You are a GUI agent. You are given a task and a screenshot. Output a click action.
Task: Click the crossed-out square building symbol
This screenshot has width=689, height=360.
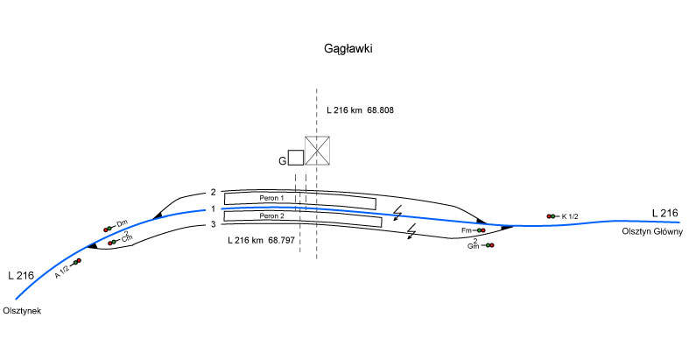[x=317, y=151]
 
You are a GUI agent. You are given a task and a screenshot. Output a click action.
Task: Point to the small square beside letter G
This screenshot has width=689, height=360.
[x=296, y=157]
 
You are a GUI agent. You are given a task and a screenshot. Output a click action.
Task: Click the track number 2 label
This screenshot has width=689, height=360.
[x=212, y=192]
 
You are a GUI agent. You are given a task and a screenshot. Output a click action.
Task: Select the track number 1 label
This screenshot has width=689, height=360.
[x=212, y=209]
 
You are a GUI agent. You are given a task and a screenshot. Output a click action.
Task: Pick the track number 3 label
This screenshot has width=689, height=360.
[x=212, y=225]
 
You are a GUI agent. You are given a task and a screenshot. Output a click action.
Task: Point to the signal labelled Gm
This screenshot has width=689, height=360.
[x=488, y=245]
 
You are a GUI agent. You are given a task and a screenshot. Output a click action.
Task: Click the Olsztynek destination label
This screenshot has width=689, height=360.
[x=23, y=311]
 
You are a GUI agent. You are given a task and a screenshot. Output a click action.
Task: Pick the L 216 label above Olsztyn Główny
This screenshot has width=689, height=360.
[x=664, y=213]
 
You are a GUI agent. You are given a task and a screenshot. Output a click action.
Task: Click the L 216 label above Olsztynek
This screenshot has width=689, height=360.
[x=21, y=275]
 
